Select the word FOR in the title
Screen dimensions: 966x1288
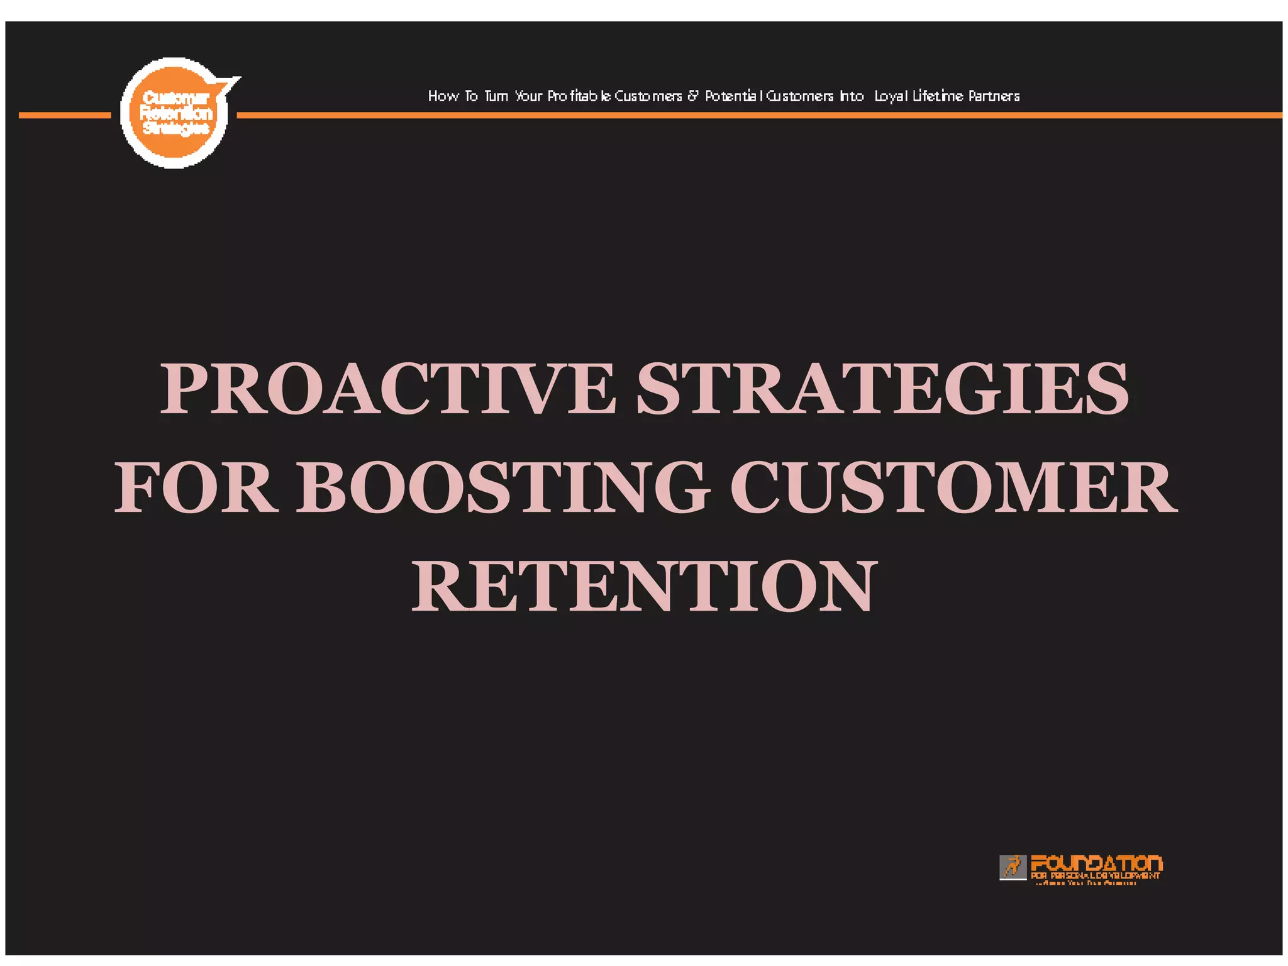pyautogui.click(x=196, y=487)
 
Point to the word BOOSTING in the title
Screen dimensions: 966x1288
pyautogui.click(x=503, y=487)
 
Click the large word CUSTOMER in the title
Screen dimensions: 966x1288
pyautogui.click(x=953, y=487)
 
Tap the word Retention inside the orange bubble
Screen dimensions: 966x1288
pyautogui.click(x=175, y=113)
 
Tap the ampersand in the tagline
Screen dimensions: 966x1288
pyautogui.click(x=692, y=96)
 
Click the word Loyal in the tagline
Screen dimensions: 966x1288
pyautogui.click(x=891, y=96)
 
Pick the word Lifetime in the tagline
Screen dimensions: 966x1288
pyautogui.click(x=938, y=96)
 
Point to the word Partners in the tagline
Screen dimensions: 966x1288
pyautogui.click(x=994, y=96)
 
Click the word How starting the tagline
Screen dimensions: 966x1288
pyautogui.click(x=443, y=96)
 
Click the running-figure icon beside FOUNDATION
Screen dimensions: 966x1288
pyautogui.click(x=1013, y=867)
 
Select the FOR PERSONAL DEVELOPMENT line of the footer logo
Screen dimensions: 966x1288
pyautogui.click(x=1095, y=875)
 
